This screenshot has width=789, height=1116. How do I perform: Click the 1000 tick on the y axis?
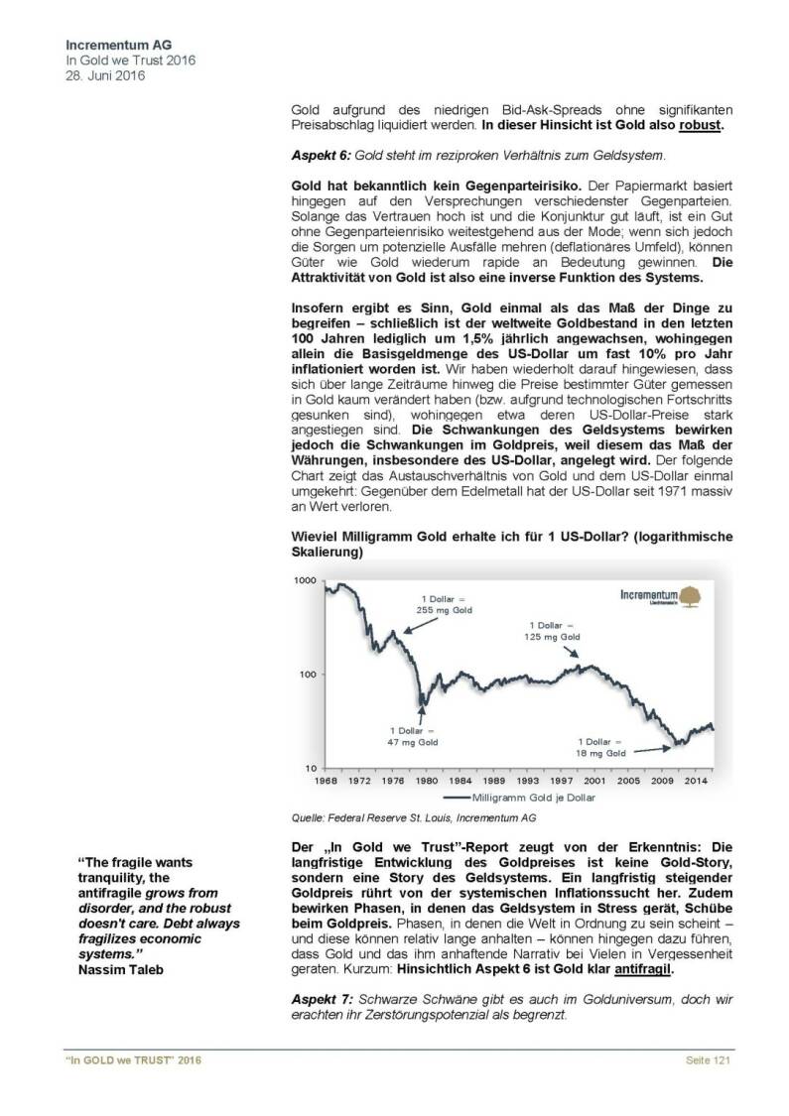[x=303, y=580]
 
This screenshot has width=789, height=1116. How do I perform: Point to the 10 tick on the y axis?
[x=308, y=768]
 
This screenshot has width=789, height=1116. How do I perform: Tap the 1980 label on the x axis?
[x=427, y=781]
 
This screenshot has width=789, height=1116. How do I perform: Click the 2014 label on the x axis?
[x=698, y=781]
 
